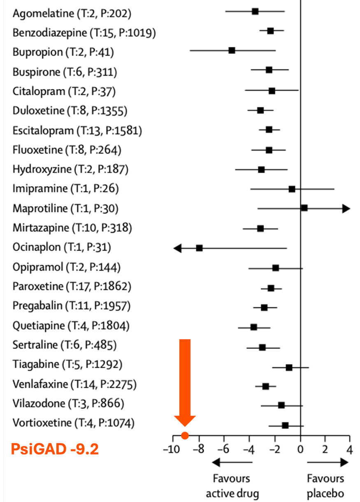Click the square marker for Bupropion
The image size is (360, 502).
point(232,50)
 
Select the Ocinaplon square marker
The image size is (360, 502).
point(199,248)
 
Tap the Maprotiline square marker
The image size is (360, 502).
point(304,208)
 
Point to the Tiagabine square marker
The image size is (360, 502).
point(289,367)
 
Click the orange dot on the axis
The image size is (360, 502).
point(185,435)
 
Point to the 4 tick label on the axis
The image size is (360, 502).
point(349,449)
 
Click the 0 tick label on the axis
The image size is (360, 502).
point(301,449)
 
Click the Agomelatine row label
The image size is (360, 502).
point(72,14)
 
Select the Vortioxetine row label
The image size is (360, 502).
point(74,422)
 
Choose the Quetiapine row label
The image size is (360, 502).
point(71,326)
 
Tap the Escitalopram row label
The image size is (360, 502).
point(77,131)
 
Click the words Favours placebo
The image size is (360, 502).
point(325,486)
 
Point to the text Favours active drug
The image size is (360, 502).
point(232,486)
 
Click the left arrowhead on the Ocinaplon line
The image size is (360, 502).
point(177,248)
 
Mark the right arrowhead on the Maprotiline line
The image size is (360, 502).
point(346,208)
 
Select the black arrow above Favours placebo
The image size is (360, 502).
point(327,463)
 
